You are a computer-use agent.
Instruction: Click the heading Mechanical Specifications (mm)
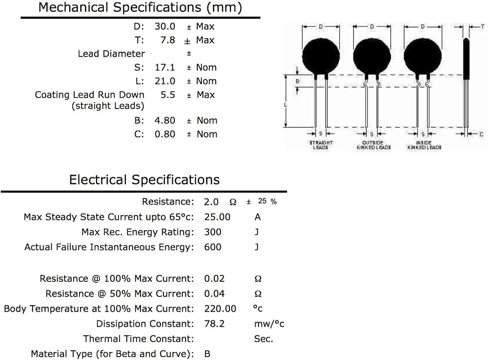[x=140, y=7]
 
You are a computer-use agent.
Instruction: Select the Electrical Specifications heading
[x=144, y=180]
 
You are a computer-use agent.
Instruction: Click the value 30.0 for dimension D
[x=165, y=26]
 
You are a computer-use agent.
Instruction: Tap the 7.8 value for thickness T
[x=168, y=40]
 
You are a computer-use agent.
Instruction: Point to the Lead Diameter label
[x=111, y=54]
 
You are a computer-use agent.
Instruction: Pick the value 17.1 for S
[x=165, y=67]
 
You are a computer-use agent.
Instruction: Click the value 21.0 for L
[x=165, y=81]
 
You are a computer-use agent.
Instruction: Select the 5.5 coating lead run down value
[x=168, y=95]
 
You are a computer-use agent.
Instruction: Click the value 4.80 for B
[x=165, y=121]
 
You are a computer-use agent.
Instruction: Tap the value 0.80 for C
[x=165, y=134]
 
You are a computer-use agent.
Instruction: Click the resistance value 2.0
[x=211, y=202]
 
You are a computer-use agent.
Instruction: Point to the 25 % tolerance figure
[x=267, y=201]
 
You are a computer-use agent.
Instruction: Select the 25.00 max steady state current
[x=217, y=217]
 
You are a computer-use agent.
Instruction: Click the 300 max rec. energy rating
[x=213, y=232]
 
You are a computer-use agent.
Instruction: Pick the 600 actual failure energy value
[x=213, y=247]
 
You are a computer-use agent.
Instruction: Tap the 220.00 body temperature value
[x=220, y=309]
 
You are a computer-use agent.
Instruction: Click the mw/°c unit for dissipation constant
[x=269, y=323]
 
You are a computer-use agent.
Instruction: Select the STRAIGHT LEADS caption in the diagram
[x=321, y=145]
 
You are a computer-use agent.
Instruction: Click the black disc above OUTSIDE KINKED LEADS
[x=372, y=57]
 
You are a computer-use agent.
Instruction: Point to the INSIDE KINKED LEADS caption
[x=425, y=145]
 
